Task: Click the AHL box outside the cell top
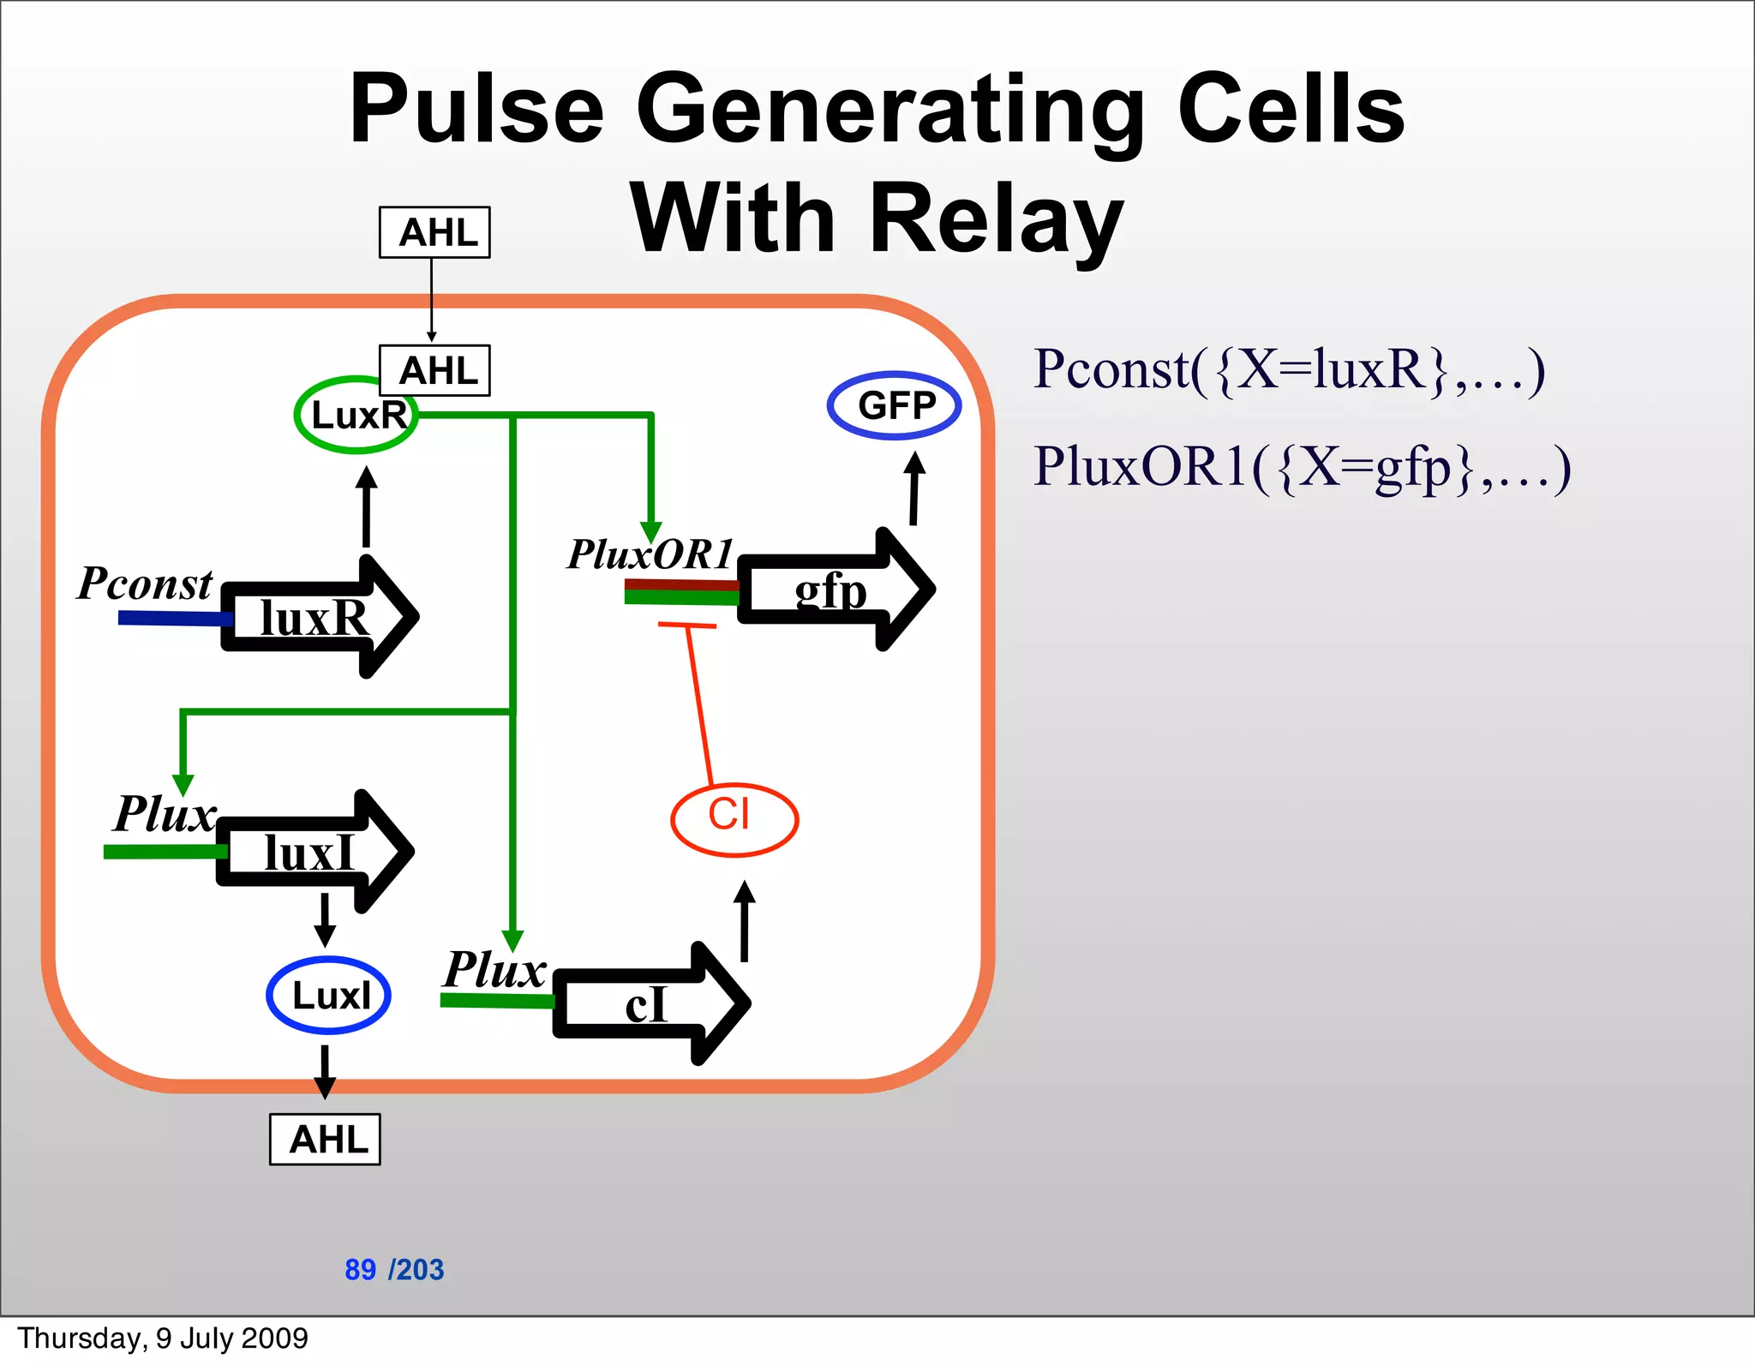coord(434,232)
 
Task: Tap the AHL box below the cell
coord(325,1139)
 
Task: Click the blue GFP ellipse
coord(894,405)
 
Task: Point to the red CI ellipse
coord(734,819)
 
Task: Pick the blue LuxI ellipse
coord(329,995)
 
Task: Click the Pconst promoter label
coord(144,584)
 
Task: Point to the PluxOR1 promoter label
coord(650,554)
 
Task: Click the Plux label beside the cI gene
coord(494,970)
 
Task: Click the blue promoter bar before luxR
coord(171,618)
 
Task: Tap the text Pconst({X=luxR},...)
coord(1289,370)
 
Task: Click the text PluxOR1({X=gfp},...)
coord(1302,468)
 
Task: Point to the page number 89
coord(360,1269)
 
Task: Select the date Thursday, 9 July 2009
coord(163,1338)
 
